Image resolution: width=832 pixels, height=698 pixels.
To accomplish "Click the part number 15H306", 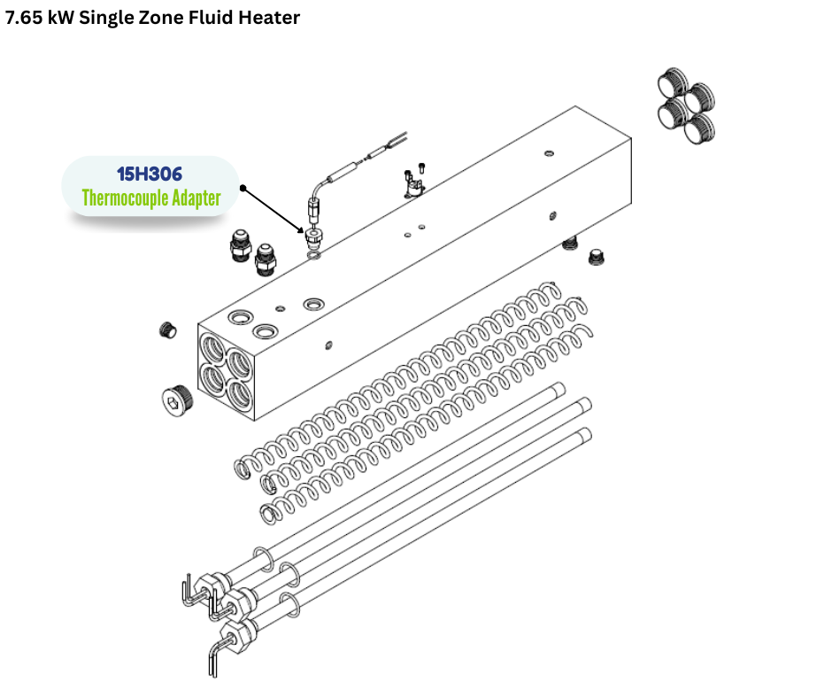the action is tap(149, 174).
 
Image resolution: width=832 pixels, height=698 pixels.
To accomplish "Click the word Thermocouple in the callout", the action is tap(126, 198).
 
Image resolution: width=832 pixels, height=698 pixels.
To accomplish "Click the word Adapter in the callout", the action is tap(196, 198).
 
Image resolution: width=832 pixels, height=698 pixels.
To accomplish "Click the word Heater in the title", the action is tap(269, 18).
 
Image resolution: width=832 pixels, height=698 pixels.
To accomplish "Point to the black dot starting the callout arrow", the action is tap(243, 188).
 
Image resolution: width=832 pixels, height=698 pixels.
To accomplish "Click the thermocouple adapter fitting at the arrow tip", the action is tap(313, 237).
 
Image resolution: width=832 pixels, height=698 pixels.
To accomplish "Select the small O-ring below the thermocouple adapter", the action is tap(314, 257).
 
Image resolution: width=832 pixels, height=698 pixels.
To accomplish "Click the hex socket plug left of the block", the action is tap(177, 398).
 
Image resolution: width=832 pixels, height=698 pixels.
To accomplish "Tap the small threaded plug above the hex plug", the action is tap(167, 330).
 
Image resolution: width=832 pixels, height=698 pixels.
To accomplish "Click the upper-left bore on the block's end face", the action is tap(212, 347).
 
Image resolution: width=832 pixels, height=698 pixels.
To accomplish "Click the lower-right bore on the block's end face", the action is tap(240, 394).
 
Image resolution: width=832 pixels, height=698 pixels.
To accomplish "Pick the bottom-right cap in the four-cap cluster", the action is tap(699, 128).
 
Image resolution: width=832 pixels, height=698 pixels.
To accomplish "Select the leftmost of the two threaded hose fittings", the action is tap(241, 244).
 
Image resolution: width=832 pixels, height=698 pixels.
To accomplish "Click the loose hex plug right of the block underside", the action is tap(597, 258).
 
